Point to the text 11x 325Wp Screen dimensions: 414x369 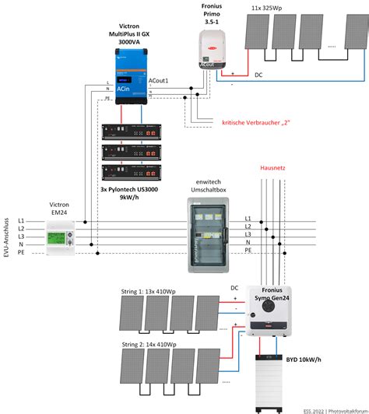point(277,8)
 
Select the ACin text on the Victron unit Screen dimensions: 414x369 point(124,89)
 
